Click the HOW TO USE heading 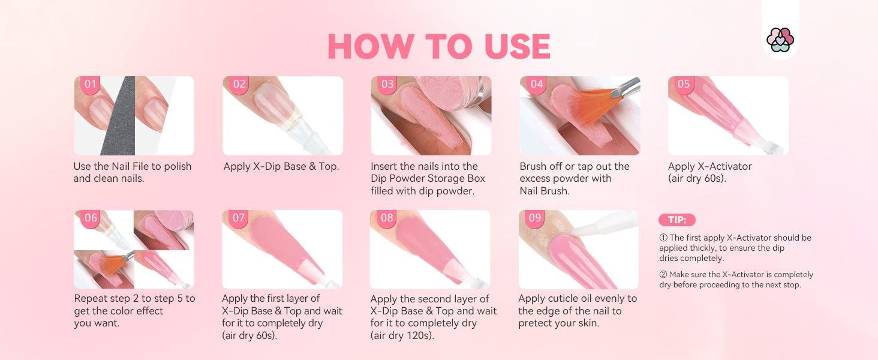438,47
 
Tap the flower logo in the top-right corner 780,40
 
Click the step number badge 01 91,84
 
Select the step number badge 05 684,84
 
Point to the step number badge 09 534,218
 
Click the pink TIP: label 677,220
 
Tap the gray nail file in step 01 124,120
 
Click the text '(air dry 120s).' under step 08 402,335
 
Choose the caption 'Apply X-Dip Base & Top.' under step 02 281,166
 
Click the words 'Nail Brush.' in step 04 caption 544,191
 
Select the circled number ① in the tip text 663,238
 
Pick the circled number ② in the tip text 663,275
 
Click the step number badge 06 91,218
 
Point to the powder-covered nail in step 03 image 414,114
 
